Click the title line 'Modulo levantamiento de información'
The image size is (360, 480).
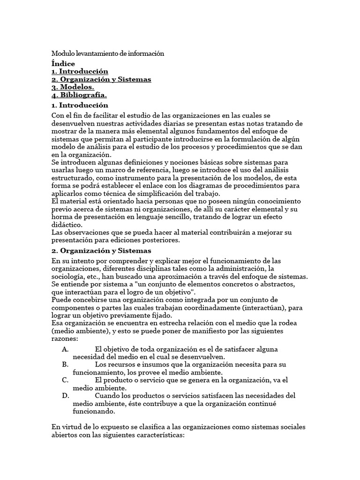(108, 54)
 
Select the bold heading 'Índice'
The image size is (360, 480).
(63, 64)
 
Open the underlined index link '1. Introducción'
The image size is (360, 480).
(80, 71)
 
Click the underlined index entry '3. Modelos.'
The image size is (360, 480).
(73, 87)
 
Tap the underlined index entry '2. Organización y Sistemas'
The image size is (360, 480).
(101, 79)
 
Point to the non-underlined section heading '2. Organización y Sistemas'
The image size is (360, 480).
(101, 251)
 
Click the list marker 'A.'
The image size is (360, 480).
(65, 349)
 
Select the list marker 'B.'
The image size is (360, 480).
(65, 364)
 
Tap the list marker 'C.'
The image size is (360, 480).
(65, 380)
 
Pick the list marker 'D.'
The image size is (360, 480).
(65, 396)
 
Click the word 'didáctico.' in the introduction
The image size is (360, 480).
(66, 225)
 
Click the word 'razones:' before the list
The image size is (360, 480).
(65, 338)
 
